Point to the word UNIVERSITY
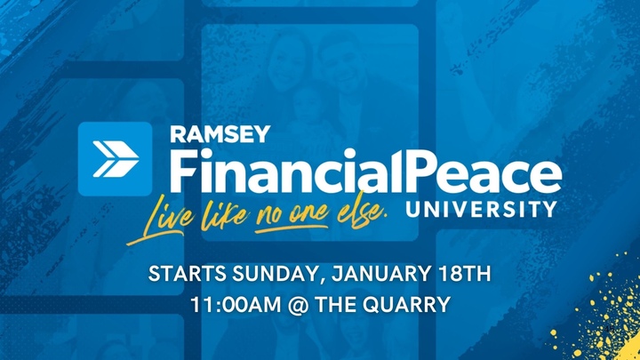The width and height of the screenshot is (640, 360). [480, 211]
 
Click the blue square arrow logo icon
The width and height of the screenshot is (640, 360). [115, 158]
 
